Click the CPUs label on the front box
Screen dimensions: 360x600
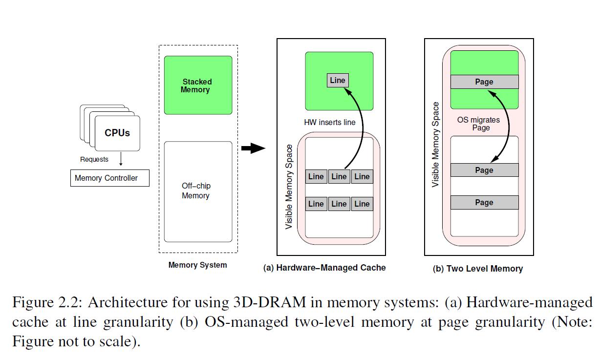coord(117,133)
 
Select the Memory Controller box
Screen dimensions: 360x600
coord(109,178)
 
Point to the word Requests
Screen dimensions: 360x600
coord(94,159)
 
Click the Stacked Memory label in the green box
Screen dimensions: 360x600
coord(197,85)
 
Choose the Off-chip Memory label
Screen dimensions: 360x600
coord(196,191)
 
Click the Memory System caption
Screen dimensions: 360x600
coord(197,265)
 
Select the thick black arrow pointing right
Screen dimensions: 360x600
coord(253,148)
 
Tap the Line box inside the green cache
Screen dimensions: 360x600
coord(338,81)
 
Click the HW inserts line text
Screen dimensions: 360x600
coord(330,122)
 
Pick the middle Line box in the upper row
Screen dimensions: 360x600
coord(339,177)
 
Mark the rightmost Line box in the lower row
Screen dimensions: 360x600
coord(362,204)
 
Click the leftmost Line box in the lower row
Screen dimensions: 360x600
coord(316,204)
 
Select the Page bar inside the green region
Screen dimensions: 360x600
coord(484,82)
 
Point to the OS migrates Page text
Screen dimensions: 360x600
coord(479,124)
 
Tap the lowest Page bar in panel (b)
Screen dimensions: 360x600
coord(484,203)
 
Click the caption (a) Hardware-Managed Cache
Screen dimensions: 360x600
coord(324,268)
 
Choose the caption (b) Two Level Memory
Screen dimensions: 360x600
coord(478,269)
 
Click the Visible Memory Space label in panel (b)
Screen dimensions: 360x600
coord(436,144)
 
